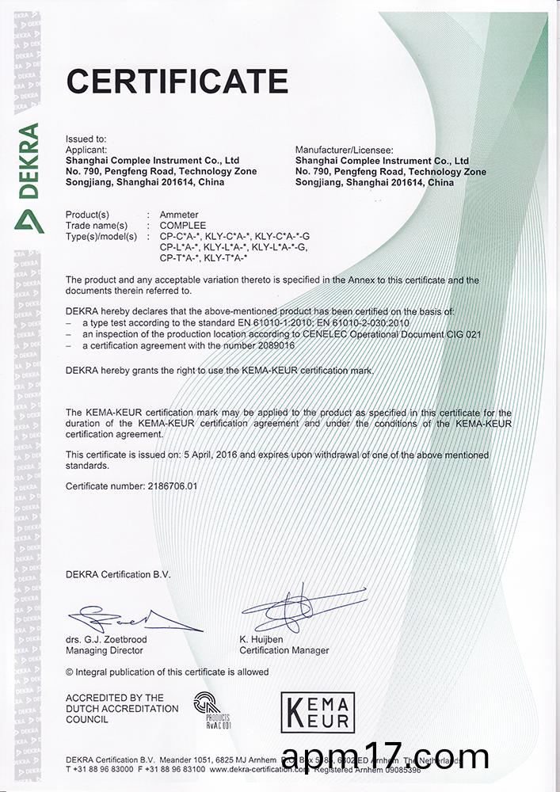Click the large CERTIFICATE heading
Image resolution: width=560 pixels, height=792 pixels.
tap(177, 80)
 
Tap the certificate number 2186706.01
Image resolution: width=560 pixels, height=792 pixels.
tap(165, 485)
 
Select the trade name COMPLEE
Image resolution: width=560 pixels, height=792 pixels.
tap(183, 226)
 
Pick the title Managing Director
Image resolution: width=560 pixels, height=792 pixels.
tap(105, 650)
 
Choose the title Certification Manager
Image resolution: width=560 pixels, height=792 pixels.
tap(284, 650)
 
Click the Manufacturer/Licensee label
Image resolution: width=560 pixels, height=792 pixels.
tap(344, 149)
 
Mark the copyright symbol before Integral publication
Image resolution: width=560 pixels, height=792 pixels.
tap(70, 672)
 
